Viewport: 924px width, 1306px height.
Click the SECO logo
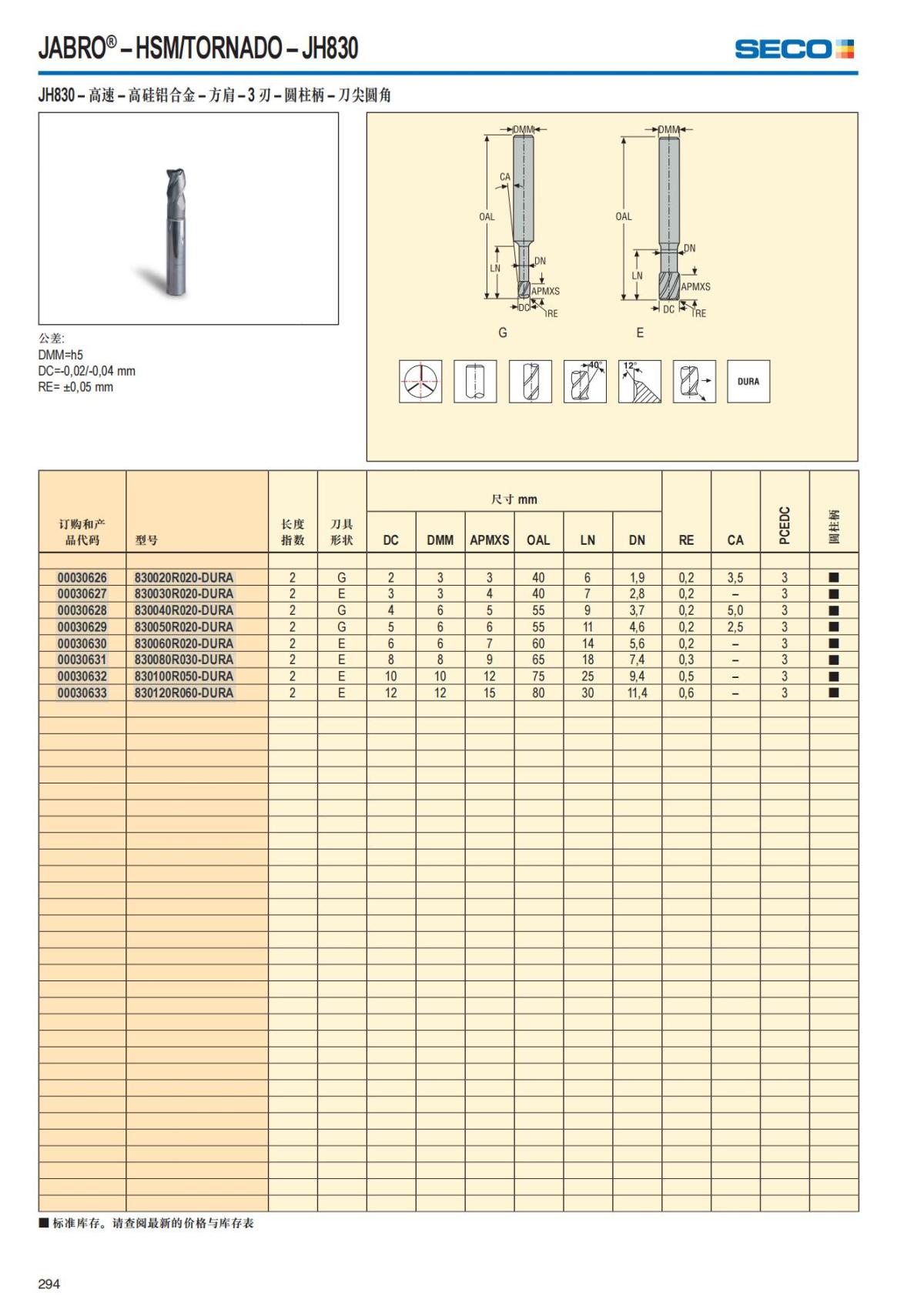(x=794, y=49)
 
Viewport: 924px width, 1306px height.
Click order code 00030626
(x=82, y=577)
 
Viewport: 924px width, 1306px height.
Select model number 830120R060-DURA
(x=184, y=693)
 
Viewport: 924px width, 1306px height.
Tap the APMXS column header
(x=490, y=540)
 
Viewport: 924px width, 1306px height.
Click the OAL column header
(x=538, y=540)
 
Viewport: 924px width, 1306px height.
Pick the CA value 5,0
(x=735, y=610)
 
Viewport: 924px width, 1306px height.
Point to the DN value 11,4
(x=637, y=693)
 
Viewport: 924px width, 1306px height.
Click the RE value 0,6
(x=686, y=693)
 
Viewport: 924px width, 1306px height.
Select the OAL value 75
(x=538, y=676)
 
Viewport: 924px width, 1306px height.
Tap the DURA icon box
(x=748, y=382)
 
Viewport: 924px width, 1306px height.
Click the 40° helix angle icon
(x=585, y=382)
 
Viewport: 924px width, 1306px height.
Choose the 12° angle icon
(x=640, y=382)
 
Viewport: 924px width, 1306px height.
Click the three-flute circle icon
(x=420, y=382)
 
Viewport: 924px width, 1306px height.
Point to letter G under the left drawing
(x=503, y=332)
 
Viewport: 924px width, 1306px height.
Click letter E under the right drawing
(x=640, y=332)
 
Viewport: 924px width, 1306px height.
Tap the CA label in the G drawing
(x=505, y=177)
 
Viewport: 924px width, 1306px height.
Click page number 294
(x=49, y=1284)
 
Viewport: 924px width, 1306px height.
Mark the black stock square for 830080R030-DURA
(x=833, y=660)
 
